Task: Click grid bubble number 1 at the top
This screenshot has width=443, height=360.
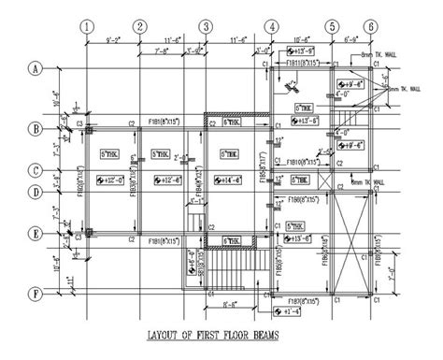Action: pos(86,27)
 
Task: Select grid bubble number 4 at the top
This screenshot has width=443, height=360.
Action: pos(272,27)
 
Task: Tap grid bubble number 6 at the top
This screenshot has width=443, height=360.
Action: pos(372,27)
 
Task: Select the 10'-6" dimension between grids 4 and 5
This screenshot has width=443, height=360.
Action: pos(299,40)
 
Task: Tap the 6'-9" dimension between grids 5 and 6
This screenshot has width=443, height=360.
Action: pos(352,40)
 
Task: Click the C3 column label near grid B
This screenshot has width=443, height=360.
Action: pos(81,122)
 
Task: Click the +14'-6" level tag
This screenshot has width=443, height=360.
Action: pos(225,178)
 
